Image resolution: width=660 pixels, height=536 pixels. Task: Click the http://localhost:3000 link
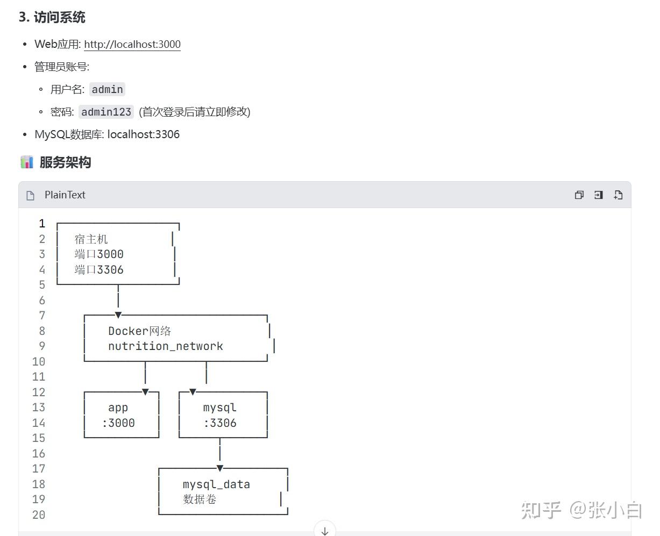click(x=132, y=44)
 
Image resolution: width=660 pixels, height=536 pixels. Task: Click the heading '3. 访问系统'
click(x=52, y=17)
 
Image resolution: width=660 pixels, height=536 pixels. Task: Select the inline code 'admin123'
click(x=107, y=112)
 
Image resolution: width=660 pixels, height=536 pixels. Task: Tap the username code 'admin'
click(x=108, y=89)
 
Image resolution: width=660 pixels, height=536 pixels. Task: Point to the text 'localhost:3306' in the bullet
click(x=144, y=134)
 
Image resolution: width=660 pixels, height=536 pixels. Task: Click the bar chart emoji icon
click(x=27, y=162)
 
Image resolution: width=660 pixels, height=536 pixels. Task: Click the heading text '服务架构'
click(x=65, y=162)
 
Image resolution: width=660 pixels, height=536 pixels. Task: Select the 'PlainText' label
click(x=65, y=195)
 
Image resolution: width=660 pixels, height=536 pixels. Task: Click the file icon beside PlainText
click(x=31, y=196)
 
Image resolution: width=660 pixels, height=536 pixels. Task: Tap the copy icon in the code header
click(x=579, y=195)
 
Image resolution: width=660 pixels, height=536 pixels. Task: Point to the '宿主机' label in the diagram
click(x=91, y=239)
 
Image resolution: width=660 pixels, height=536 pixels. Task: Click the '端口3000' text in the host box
click(x=99, y=254)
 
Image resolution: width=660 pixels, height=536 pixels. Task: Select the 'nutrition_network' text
click(x=166, y=346)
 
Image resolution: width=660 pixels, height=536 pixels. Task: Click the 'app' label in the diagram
click(x=118, y=408)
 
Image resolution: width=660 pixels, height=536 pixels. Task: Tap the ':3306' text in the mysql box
click(x=220, y=423)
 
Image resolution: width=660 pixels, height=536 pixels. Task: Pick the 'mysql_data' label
click(x=216, y=484)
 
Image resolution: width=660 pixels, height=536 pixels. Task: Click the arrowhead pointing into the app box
click(x=145, y=391)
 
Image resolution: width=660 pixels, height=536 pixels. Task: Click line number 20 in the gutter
click(x=39, y=515)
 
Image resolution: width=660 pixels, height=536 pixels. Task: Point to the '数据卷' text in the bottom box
click(x=200, y=499)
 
